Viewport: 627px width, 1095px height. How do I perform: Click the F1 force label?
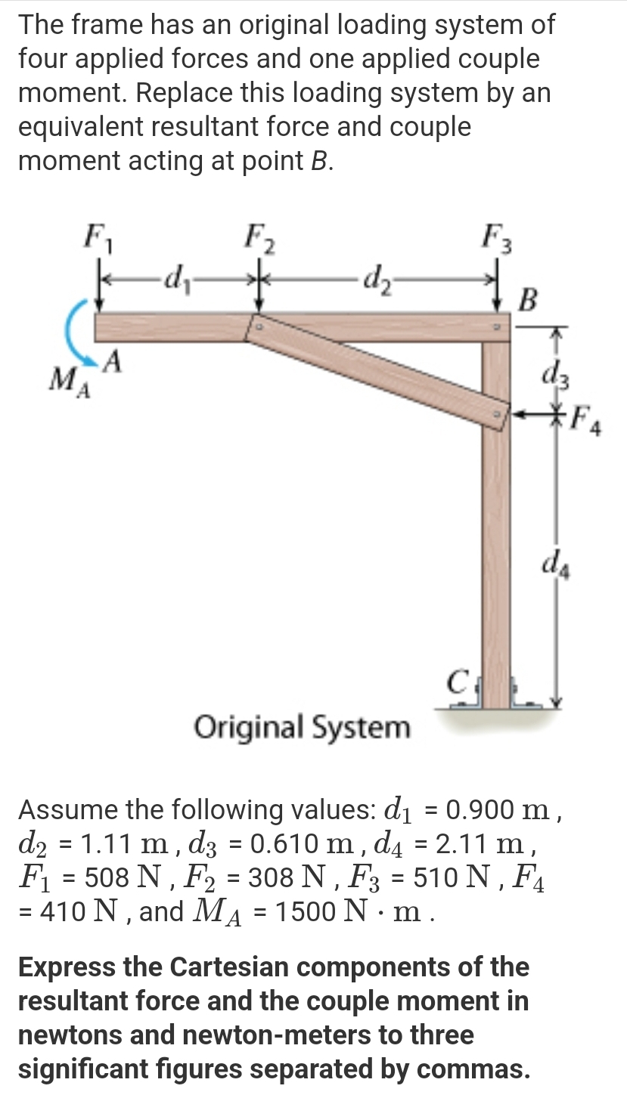[x=96, y=238]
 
